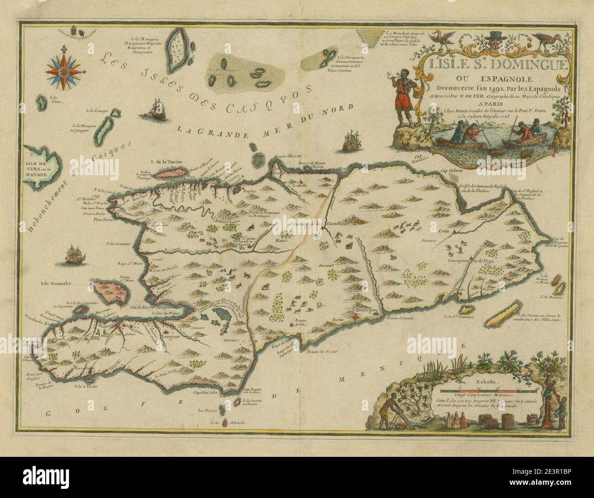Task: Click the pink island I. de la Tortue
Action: tap(171, 171)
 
